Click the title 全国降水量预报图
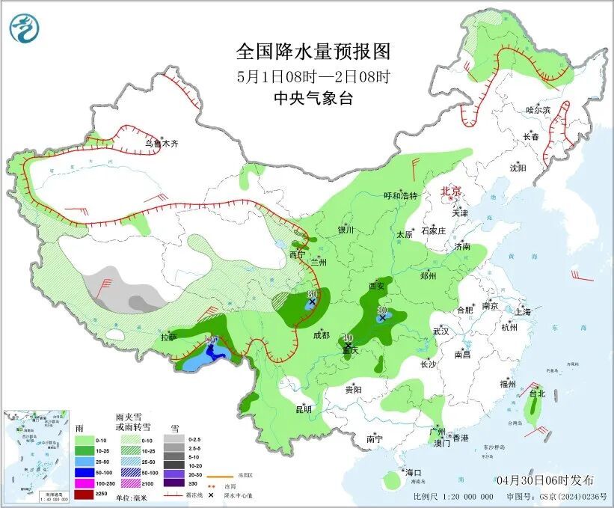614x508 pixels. pyautogui.click(x=313, y=51)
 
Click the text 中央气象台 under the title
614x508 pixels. pyautogui.click(x=313, y=98)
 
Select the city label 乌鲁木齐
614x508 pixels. pyautogui.click(x=162, y=142)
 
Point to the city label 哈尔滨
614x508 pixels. pyautogui.click(x=537, y=110)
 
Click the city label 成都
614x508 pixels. pyautogui.click(x=322, y=334)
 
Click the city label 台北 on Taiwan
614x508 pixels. pyautogui.click(x=537, y=393)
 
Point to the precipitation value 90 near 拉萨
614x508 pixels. pyautogui.click(x=211, y=342)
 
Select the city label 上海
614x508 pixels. pyautogui.click(x=523, y=311)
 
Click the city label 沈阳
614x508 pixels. pyautogui.click(x=518, y=168)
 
